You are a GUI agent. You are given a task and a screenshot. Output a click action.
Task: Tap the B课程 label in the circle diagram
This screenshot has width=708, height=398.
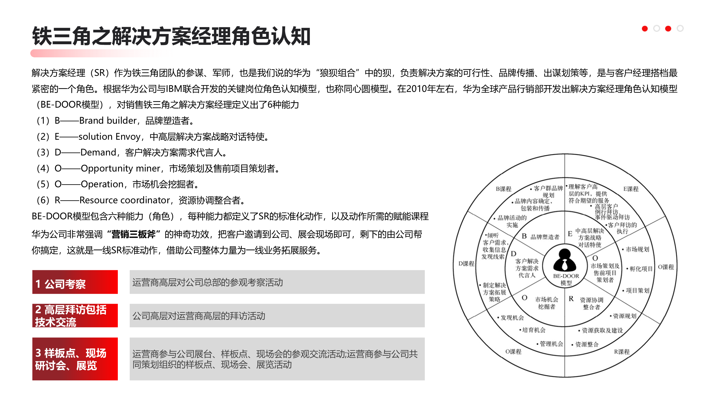503,189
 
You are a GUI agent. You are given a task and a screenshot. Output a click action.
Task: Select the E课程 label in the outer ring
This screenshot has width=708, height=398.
631,189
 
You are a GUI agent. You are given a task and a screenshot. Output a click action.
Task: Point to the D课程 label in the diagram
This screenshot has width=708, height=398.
466,264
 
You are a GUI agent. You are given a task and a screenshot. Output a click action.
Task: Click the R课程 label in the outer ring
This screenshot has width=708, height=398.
622,352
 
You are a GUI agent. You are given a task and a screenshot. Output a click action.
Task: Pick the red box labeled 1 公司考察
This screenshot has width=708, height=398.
75,282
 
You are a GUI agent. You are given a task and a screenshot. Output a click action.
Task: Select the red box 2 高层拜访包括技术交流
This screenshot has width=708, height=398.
75,316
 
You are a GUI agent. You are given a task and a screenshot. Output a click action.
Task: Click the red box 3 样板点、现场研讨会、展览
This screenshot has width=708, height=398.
75,359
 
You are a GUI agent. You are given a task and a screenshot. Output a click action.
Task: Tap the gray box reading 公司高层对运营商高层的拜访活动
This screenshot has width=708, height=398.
277,316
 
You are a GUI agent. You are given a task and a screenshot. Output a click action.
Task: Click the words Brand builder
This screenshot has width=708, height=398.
108,121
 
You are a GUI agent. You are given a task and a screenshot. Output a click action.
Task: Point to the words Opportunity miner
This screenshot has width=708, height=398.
120,168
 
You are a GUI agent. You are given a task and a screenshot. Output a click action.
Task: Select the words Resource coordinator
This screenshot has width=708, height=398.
124,200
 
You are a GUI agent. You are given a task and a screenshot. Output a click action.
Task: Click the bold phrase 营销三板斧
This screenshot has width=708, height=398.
134,234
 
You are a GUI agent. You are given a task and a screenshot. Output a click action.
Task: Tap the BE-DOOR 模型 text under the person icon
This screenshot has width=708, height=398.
566,279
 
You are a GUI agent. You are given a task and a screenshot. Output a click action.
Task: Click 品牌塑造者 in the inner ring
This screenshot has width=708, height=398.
545,237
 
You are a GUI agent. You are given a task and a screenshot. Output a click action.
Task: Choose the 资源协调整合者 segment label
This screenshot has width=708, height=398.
592,303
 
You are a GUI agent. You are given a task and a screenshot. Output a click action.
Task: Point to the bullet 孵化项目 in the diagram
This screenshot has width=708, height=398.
641,269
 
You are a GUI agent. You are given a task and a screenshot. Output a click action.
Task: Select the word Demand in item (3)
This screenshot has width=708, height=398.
98,153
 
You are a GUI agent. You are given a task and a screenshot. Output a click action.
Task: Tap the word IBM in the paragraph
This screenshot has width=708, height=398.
174,89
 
